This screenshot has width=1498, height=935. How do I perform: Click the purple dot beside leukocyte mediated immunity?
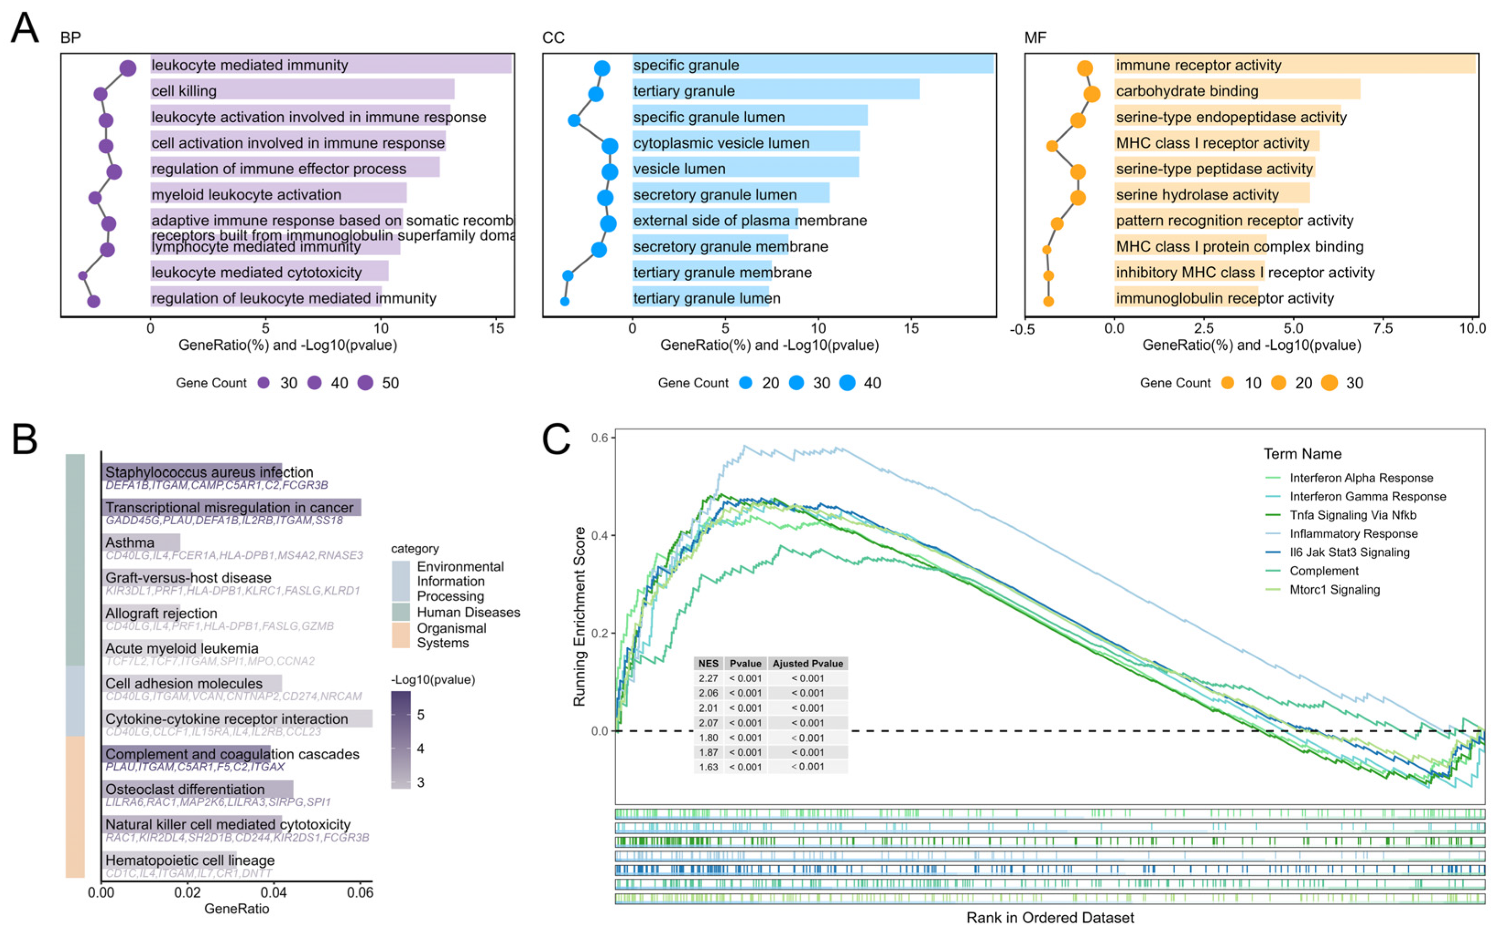click(x=127, y=68)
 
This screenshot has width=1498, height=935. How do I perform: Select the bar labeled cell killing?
click(x=302, y=90)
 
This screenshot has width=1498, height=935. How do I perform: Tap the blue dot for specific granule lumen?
click(x=574, y=120)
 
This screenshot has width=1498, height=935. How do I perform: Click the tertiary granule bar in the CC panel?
click(x=775, y=90)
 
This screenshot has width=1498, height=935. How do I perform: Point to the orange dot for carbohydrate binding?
click(x=1091, y=94)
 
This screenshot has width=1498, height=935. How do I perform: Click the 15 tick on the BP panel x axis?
click(x=496, y=328)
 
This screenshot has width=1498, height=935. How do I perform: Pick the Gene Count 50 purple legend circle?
click(x=366, y=383)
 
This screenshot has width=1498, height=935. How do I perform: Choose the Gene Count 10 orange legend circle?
click(x=1227, y=383)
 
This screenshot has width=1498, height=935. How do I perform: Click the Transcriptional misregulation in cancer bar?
click(x=231, y=508)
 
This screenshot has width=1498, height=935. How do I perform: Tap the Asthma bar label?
click(x=130, y=543)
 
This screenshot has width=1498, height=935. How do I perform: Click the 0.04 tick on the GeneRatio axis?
click(x=273, y=893)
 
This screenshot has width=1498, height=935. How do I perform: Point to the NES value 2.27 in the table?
click(x=708, y=678)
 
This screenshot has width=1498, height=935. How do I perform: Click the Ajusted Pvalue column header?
click(x=808, y=664)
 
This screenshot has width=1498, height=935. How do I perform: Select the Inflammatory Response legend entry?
click(x=1353, y=534)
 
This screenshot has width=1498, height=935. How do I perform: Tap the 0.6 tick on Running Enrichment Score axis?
click(x=599, y=438)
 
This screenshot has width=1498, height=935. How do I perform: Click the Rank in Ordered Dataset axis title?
click(x=1050, y=918)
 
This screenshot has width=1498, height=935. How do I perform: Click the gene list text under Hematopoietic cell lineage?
click(x=189, y=873)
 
